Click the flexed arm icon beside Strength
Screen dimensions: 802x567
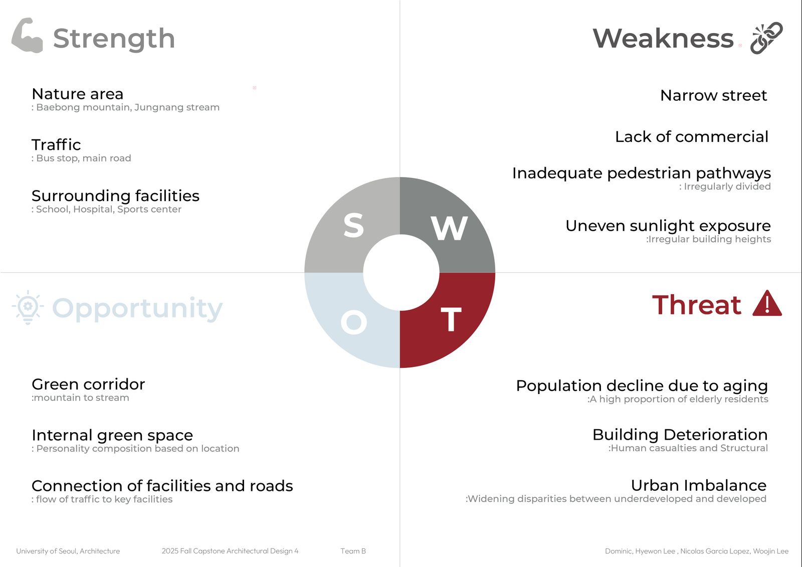pos(27,36)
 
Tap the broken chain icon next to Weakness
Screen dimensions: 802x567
pos(767,38)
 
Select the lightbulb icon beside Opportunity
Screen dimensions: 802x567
pos(28,307)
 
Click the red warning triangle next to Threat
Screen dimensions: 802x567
pos(767,303)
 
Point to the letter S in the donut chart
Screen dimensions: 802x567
pos(354,225)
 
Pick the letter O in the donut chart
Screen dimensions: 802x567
pos(354,322)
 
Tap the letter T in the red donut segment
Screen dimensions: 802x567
pos(451,319)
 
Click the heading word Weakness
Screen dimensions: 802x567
pos(663,38)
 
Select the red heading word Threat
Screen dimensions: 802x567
pos(697,305)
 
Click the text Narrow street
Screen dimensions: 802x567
pos(714,95)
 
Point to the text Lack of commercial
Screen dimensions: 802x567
pos(692,136)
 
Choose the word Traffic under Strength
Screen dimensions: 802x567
pos(56,145)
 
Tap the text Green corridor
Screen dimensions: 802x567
pos(88,385)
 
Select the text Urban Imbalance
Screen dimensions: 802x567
pos(699,485)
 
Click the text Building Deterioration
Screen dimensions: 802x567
pos(680,435)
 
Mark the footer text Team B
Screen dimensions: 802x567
pos(353,551)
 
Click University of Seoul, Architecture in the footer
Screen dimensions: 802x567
pos(68,551)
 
